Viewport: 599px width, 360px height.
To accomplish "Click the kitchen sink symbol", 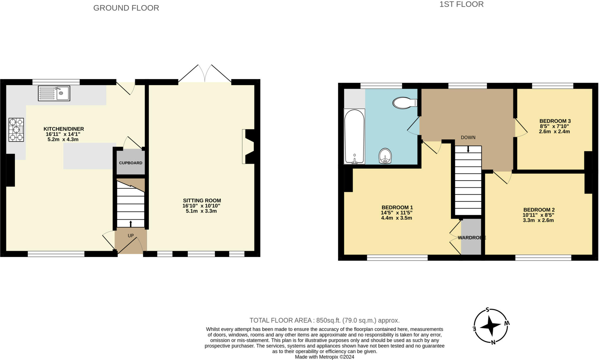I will pos(54,93).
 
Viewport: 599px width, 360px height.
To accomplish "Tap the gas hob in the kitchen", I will pos(16,130).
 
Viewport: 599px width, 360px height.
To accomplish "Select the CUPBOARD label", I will pos(130,163).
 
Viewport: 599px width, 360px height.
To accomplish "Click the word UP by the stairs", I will pos(130,236).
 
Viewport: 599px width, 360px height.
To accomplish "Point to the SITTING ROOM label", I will pos(202,200).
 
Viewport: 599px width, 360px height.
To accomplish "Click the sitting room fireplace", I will pos(249,146).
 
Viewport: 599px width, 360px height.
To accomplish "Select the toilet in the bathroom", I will pos(405,103).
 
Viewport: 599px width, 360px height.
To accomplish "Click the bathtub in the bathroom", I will pos(354,136).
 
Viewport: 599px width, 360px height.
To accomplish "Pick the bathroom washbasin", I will pos(385,156).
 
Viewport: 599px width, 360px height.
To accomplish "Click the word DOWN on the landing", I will pos(468,138).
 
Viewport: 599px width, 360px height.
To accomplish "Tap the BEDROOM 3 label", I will pos(555,121).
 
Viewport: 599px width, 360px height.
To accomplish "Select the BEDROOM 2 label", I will pos(539,210).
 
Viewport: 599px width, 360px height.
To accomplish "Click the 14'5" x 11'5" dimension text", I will pos(397,213).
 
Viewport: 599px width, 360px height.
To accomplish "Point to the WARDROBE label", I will pos(471,238).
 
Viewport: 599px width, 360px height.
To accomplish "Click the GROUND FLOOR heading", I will pos(126,8).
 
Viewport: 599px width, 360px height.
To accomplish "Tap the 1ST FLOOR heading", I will pos(461,4).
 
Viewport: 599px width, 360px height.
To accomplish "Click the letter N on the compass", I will pos(493,342).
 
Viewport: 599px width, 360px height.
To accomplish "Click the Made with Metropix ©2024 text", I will pos(324,357).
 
